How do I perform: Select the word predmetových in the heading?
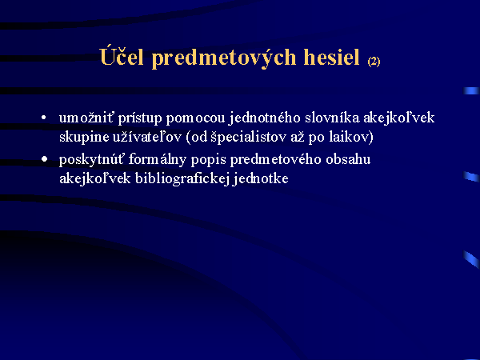point(224,58)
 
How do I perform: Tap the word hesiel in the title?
point(331,57)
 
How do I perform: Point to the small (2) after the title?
point(374,62)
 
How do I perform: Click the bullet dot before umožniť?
point(44,118)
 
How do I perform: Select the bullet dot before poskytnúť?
point(44,159)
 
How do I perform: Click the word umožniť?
point(86,118)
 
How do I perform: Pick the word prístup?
point(140,118)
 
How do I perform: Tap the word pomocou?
point(196,118)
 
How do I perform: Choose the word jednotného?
point(265,118)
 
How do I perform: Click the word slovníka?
point(332,118)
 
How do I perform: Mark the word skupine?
point(84,138)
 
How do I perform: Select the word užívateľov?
point(147,137)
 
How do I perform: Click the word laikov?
point(349,137)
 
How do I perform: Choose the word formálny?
point(158,160)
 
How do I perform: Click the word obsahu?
point(348,159)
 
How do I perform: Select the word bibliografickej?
point(182,179)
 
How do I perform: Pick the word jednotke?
point(261,178)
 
